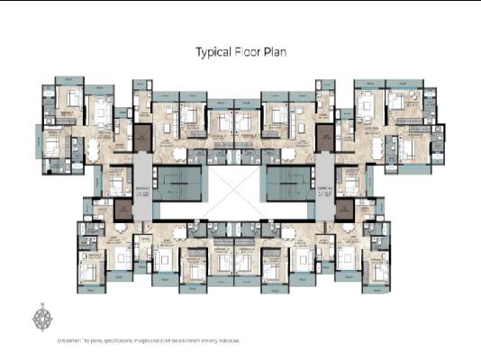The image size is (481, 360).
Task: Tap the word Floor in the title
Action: pos(250,52)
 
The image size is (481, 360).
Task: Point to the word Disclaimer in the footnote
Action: pos(71,341)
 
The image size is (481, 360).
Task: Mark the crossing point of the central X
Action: pos(240,193)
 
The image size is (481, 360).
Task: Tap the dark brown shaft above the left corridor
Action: pos(143,138)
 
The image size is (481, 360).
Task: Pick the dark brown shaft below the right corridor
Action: pos(343,209)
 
